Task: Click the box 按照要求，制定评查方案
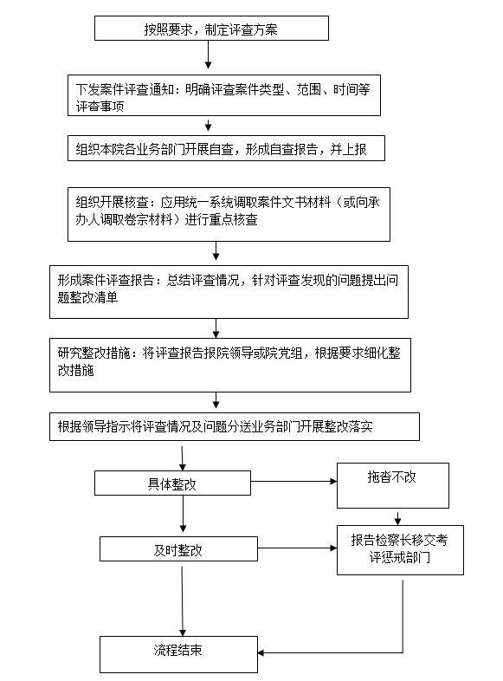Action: tap(211, 29)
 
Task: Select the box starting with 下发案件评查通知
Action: tap(224, 95)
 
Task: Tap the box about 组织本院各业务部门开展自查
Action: tap(226, 148)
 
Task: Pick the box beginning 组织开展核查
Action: tap(229, 214)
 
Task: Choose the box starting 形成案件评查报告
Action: tap(229, 292)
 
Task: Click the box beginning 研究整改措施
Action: tap(230, 366)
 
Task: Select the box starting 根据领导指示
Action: tap(235, 426)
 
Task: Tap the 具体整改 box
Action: tap(173, 483)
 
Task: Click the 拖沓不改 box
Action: tap(393, 485)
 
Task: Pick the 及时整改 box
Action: tap(179, 548)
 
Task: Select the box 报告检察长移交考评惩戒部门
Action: tap(400, 550)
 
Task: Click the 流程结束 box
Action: tap(179, 654)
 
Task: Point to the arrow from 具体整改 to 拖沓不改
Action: tap(293, 481)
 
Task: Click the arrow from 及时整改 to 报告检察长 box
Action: tap(297, 548)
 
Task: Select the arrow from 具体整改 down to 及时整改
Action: tap(183, 514)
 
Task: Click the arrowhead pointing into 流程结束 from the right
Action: tap(261, 652)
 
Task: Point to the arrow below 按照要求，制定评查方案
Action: tap(209, 55)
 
